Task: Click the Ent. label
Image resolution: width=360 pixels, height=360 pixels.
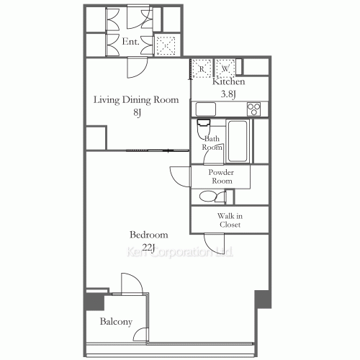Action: point(130,42)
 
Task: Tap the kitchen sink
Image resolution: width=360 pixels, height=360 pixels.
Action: point(206,109)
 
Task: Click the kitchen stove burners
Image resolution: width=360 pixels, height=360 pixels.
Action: point(253,109)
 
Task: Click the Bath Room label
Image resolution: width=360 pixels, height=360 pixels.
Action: point(212,143)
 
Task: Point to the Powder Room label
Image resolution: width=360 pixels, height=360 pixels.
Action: point(220,177)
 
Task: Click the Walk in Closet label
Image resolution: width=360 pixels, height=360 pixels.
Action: point(230,220)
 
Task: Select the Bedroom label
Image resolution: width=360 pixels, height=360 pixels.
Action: point(149,235)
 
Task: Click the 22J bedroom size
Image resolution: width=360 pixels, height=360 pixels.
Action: point(149,248)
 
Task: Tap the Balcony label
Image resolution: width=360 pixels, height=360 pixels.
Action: point(115,321)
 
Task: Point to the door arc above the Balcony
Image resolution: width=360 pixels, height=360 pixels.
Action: point(130,283)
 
